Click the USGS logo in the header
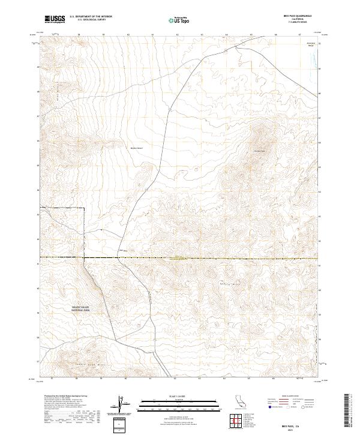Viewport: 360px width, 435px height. point(55,19)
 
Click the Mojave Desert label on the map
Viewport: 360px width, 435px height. point(137,147)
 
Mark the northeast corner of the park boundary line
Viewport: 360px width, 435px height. point(83,208)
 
